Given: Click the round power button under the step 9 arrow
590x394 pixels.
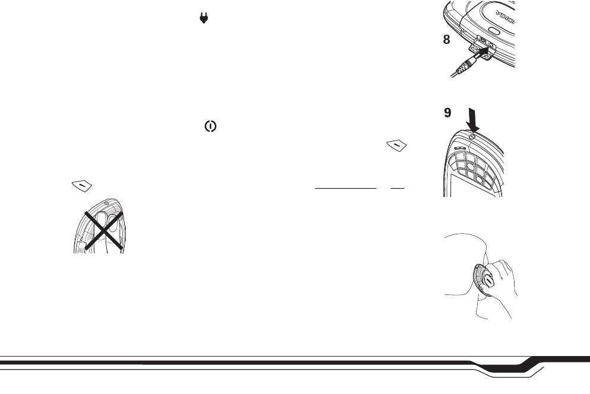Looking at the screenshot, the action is pyautogui.click(x=471, y=138).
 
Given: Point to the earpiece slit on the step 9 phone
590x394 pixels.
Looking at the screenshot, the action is pyautogui.click(x=458, y=148).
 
